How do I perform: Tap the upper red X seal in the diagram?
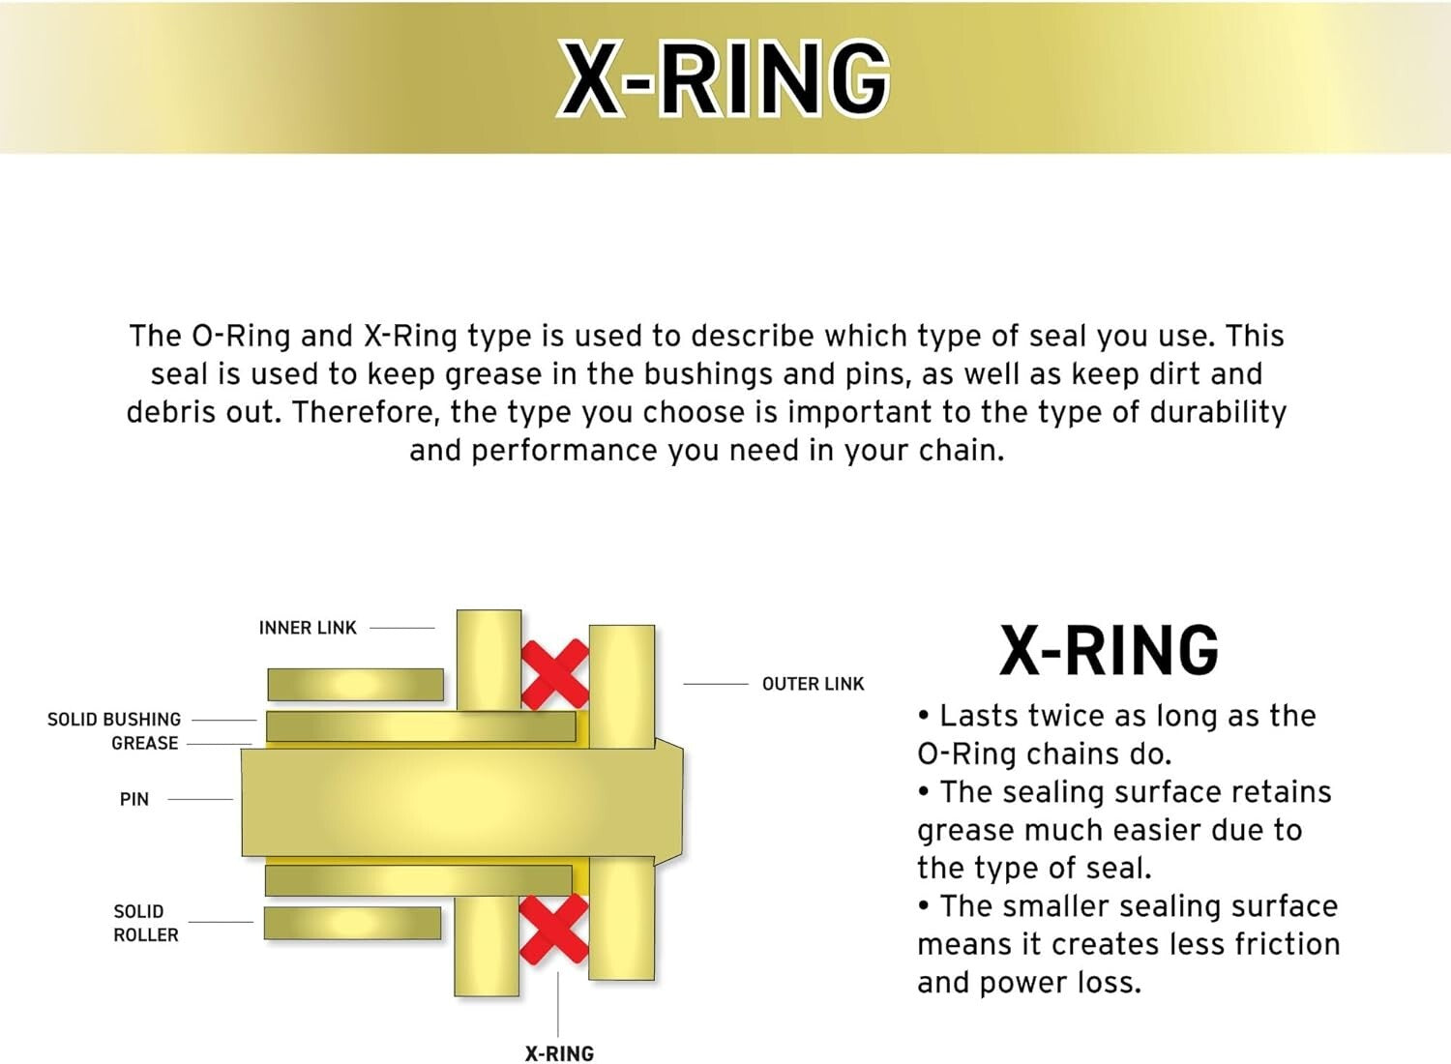coord(554,673)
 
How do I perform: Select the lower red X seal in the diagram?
coord(553,929)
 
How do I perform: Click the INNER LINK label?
coord(308,628)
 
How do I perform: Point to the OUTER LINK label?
coord(813,684)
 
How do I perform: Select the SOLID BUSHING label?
coord(114,720)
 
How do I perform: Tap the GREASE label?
coord(145,744)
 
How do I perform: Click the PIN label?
coord(134,800)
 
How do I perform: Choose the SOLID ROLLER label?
coord(145,924)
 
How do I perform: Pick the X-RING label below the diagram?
coord(559,1053)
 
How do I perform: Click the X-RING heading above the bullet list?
coord(1109,650)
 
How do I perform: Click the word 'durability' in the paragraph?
coord(1218,412)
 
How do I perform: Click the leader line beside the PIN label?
coord(200,800)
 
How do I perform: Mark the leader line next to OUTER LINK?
coord(716,684)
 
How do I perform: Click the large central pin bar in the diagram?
coord(455,803)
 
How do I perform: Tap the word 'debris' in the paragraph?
coord(170,412)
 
